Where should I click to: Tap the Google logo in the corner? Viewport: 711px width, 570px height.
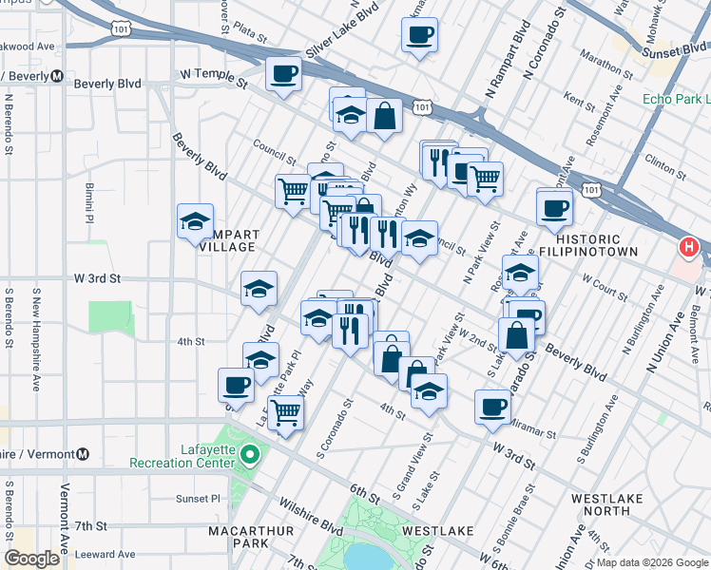(x=31, y=559)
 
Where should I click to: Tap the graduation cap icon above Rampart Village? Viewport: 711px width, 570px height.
(x=195, y=222)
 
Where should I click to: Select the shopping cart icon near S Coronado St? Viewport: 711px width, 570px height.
(x=285, y=413)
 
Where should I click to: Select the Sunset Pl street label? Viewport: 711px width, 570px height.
(x=200, y=498)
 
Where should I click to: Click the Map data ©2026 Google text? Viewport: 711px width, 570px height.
(x=651, y=562)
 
